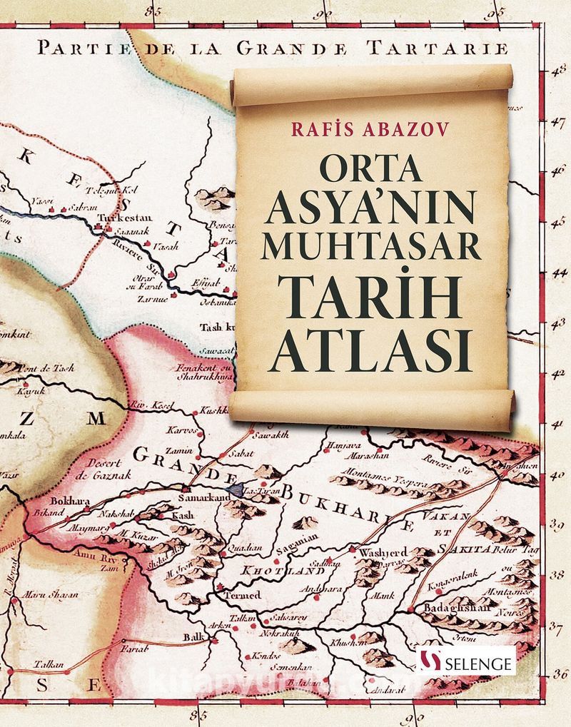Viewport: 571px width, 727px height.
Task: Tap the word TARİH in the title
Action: pos(372,297)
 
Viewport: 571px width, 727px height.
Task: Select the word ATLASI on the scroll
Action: pos(370,350)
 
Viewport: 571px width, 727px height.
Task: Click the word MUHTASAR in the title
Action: pos(371,245)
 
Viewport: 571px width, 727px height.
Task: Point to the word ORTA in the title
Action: pos(371,170)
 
